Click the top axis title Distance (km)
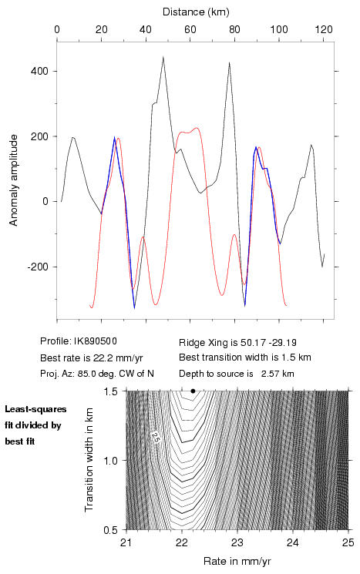(x=196, y=12)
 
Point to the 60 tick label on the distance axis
(x=190, y=29)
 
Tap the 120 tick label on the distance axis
(x=323, y=29)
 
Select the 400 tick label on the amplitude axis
(x=39, y=71)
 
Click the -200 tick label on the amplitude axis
(x=38, y=267)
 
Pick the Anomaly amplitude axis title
(x=14, y=180)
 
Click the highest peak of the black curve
(x=163, y=57)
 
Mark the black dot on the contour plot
(x=193, y=391)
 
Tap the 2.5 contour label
(x=155, y=438)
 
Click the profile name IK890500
(x=96, y=341)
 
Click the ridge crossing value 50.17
(x=250, y=343)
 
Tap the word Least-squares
(x=35, y=409)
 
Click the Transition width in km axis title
(x=89, y=460)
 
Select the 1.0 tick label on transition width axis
(x=110, y=461)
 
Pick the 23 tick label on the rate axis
(x=237, y=542)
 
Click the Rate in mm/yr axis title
(x=237, y=561)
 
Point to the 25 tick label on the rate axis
(x=348, y=542)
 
